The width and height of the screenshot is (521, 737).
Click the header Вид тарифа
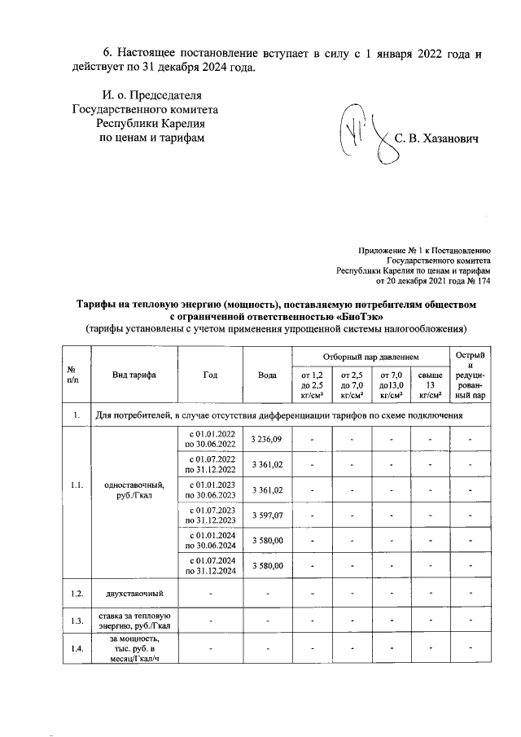[134, 375]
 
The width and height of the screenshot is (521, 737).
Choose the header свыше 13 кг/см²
[429, 384]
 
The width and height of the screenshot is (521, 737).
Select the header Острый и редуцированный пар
[471, 375]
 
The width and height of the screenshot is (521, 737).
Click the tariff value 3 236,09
[267, 439]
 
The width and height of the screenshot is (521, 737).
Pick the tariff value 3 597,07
[267, 515]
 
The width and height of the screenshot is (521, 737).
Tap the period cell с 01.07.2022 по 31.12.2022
[211, 464]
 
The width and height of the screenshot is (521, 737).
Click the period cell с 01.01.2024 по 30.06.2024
[211, 540]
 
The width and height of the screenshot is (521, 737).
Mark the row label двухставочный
[134, 594]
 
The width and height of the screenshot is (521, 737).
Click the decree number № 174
[479, 281]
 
